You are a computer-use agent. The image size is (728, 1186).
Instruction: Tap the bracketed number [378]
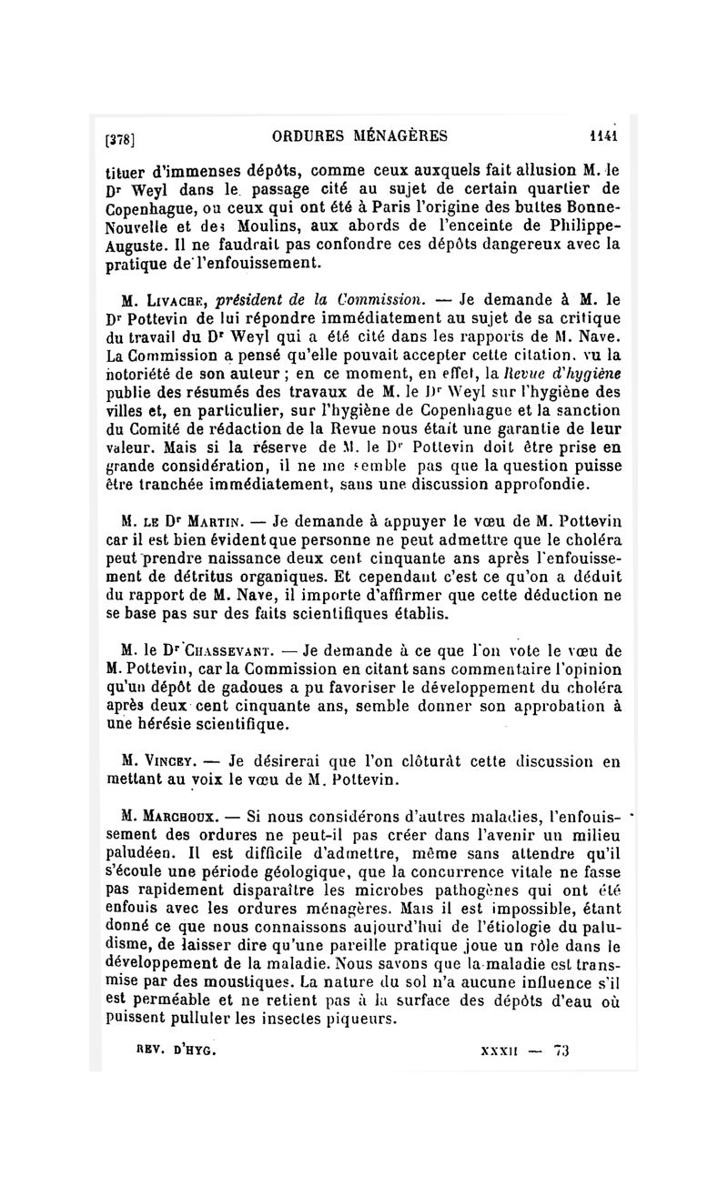click(121, 139)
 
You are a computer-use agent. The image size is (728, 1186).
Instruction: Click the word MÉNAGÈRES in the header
click(399, 137)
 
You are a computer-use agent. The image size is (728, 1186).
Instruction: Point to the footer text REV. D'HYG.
click(175, 1050)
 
